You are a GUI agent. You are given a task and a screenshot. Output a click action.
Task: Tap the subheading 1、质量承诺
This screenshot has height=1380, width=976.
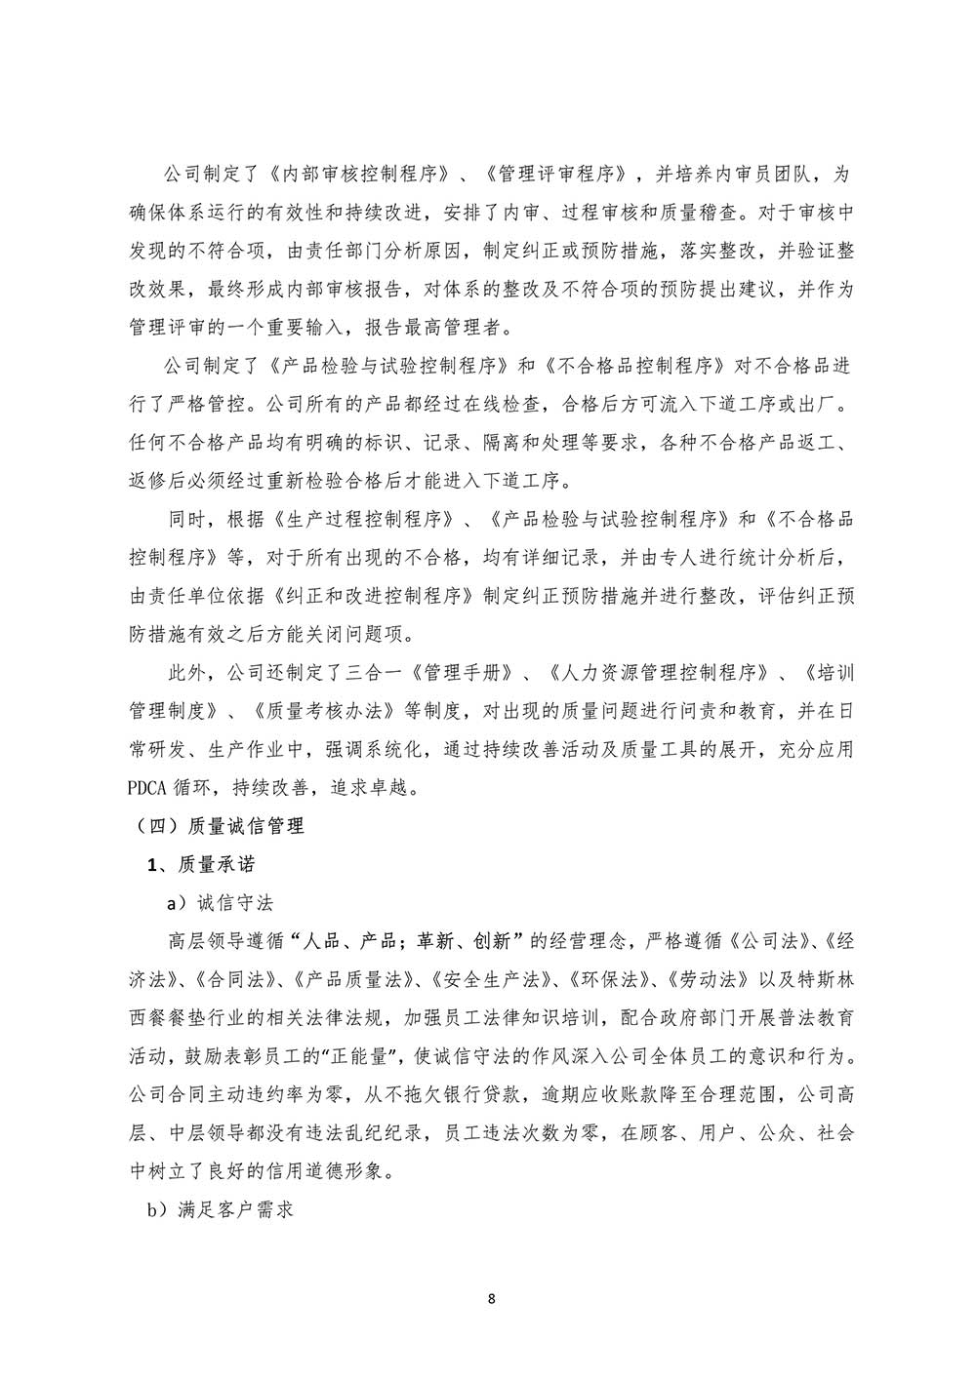click(x=201, y=864)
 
